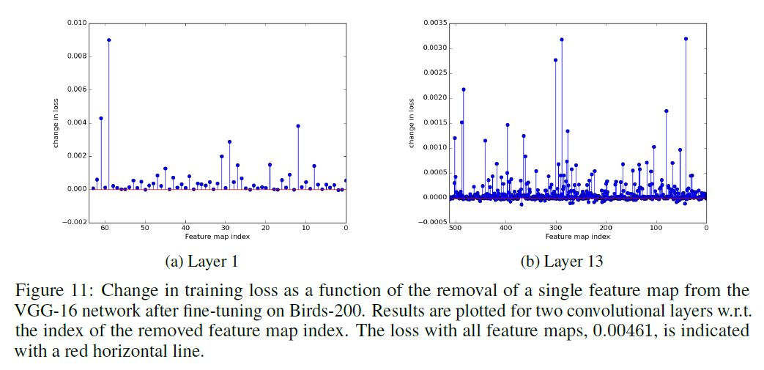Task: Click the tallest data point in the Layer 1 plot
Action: pyautogui.click(x=108, y=40)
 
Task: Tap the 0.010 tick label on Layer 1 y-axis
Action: pyautogui.click(x=75, y=23)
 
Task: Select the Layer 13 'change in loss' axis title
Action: pyautogui.click(x=412, y=123)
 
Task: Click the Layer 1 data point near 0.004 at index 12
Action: pyautogui.click(x=298, y=126)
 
